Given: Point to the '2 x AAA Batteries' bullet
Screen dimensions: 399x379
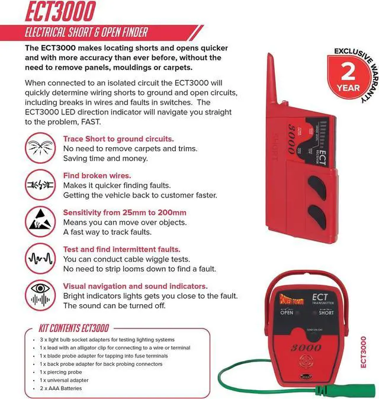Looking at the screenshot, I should point(62,388).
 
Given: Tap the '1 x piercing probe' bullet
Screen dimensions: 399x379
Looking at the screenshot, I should point(61,372).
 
